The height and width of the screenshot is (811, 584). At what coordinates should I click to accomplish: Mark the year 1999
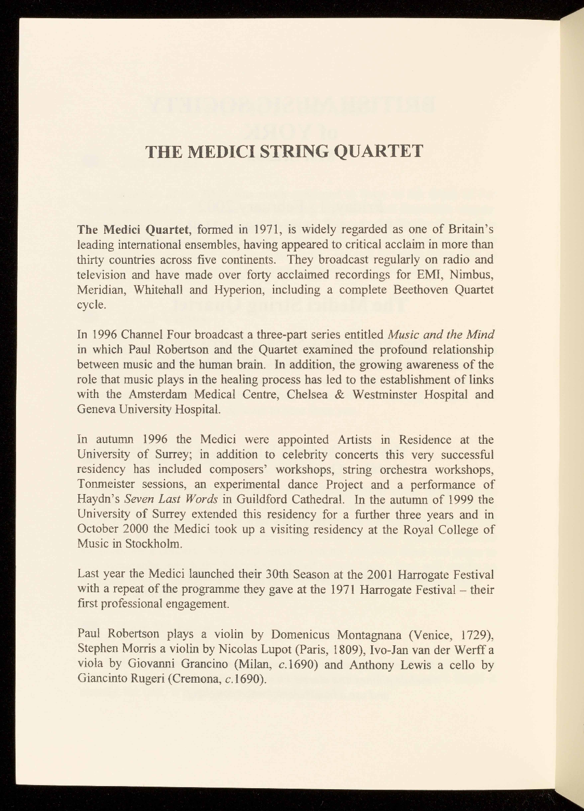[460, 500]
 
